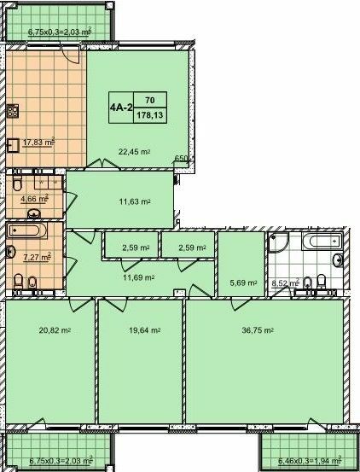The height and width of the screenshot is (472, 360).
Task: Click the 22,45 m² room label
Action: (x=135, y=152)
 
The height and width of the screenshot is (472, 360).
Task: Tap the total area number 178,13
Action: (x=150, y=115)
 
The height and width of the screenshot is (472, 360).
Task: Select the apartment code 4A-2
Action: (x=119, y=108)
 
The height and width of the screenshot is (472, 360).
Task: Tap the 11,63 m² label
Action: (x=135, y=201)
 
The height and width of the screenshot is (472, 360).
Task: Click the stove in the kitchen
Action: (x=14, y=110)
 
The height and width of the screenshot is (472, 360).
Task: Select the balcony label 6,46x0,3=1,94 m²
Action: (x=306, y=462)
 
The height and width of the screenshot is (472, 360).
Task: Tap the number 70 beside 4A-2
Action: (x=150, y=100)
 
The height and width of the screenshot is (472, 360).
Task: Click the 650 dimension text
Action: (x=181, y=159)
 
